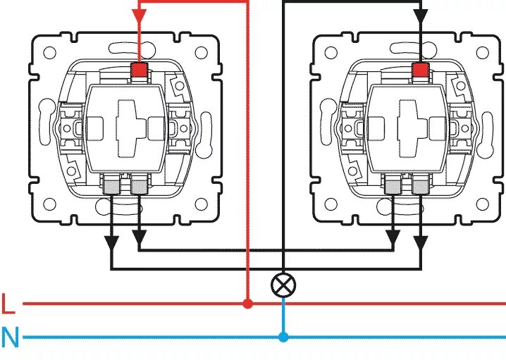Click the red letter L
click(x=8, y=304)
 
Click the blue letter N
click(x=10, y=337)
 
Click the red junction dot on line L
click(x=247, y=304)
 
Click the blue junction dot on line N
click(x=283, y=337)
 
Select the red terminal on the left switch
click(x=140, y=70)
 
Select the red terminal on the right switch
click(x=421, y=70)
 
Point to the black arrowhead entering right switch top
click(x=421, y=15)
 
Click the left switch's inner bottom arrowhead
click(x=140, y=242)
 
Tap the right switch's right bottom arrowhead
click(x=421, y=242)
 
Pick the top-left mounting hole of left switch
click(x=51, y=52)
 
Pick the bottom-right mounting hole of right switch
click(x=483, y=204)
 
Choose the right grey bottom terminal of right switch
click(x=421, y=186)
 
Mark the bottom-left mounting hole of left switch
click(x=51, y=204)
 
